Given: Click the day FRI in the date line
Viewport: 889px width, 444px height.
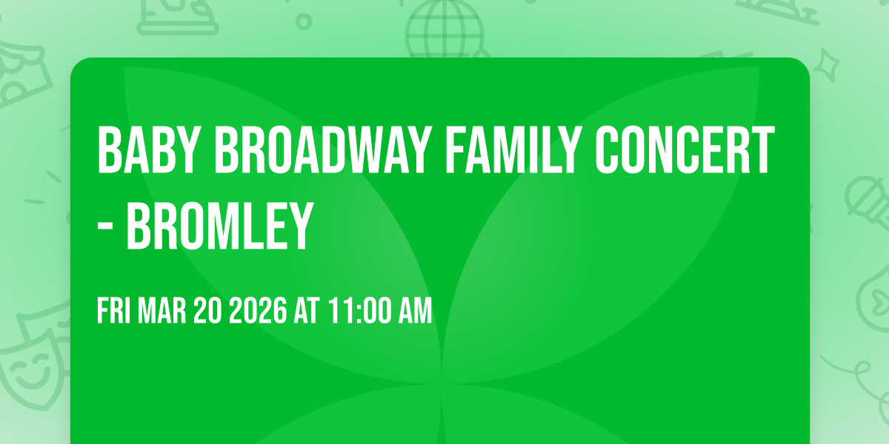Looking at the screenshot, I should [x=114, y=312].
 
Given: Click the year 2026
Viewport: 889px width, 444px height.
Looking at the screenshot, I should [x=257, y=312].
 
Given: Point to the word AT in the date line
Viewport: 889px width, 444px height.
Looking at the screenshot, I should [x=307, y=312].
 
